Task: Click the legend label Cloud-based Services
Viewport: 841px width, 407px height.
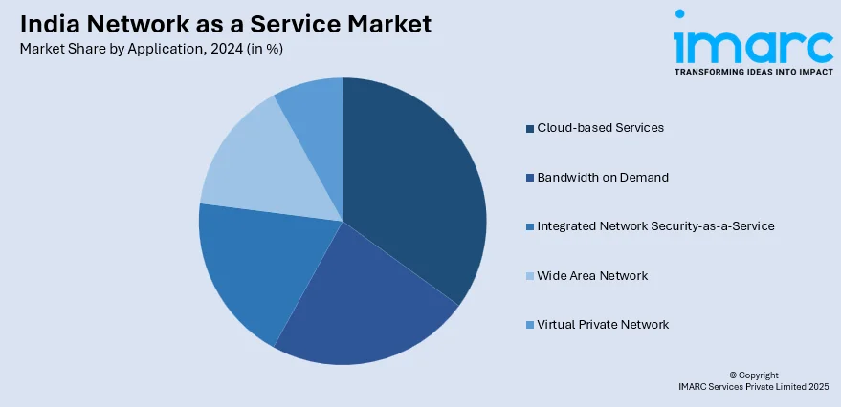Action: pyautogui.click(x=600, y=127)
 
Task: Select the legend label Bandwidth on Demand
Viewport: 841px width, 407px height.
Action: pyautogui.click(x=603, y=177)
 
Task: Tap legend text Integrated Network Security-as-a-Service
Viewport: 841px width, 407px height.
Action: pyautogui.click(x=655, y=226)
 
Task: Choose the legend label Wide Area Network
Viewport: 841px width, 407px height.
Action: pyautogui.click(x=592, y=276)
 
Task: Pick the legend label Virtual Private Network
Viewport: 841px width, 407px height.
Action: pyautogui.click(x=603, y=325)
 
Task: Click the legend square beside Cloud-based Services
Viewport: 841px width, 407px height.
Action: pyautogui.click(x=530, y=128)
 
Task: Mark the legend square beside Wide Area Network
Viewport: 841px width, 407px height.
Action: pyautogui.click(x=530, y=276)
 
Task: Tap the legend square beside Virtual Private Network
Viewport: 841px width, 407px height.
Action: pyautogui.click(x=530, y=325)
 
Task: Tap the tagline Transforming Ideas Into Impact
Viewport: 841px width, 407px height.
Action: pyautogui.click(x=753, y=72)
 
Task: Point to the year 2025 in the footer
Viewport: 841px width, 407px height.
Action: pyautogui.click(x=818, y=387)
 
